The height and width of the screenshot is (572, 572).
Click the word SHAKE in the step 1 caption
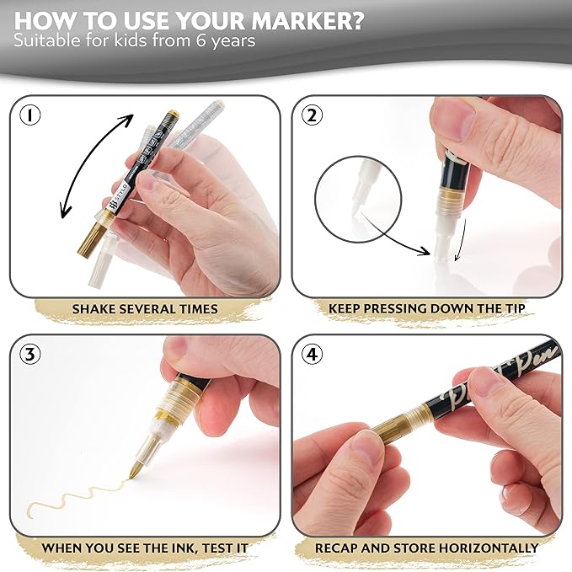click(x=97, y=309)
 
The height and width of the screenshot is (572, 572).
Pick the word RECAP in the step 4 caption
click(x=336, y=548)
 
